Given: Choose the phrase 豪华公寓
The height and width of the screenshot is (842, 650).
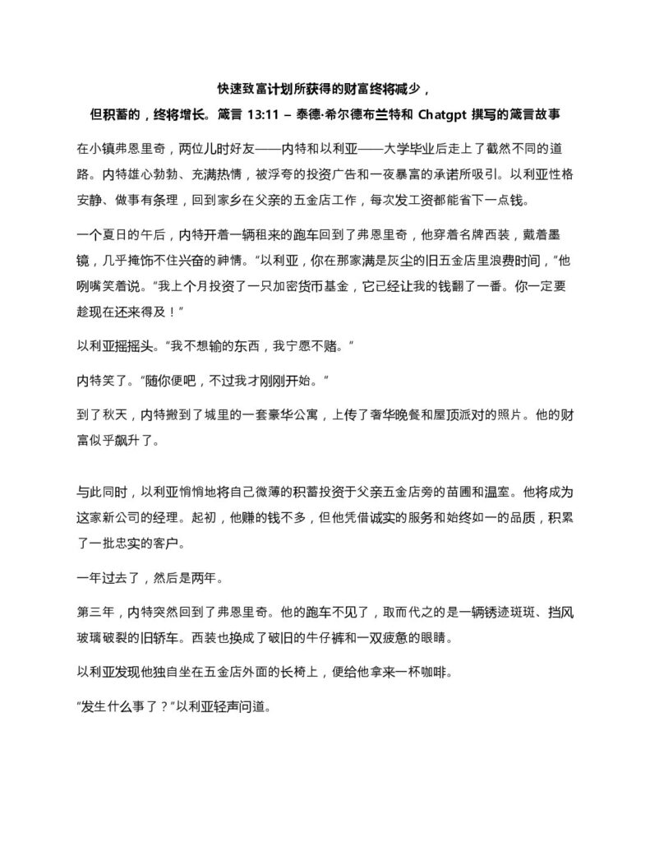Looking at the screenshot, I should tap(276, 418).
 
